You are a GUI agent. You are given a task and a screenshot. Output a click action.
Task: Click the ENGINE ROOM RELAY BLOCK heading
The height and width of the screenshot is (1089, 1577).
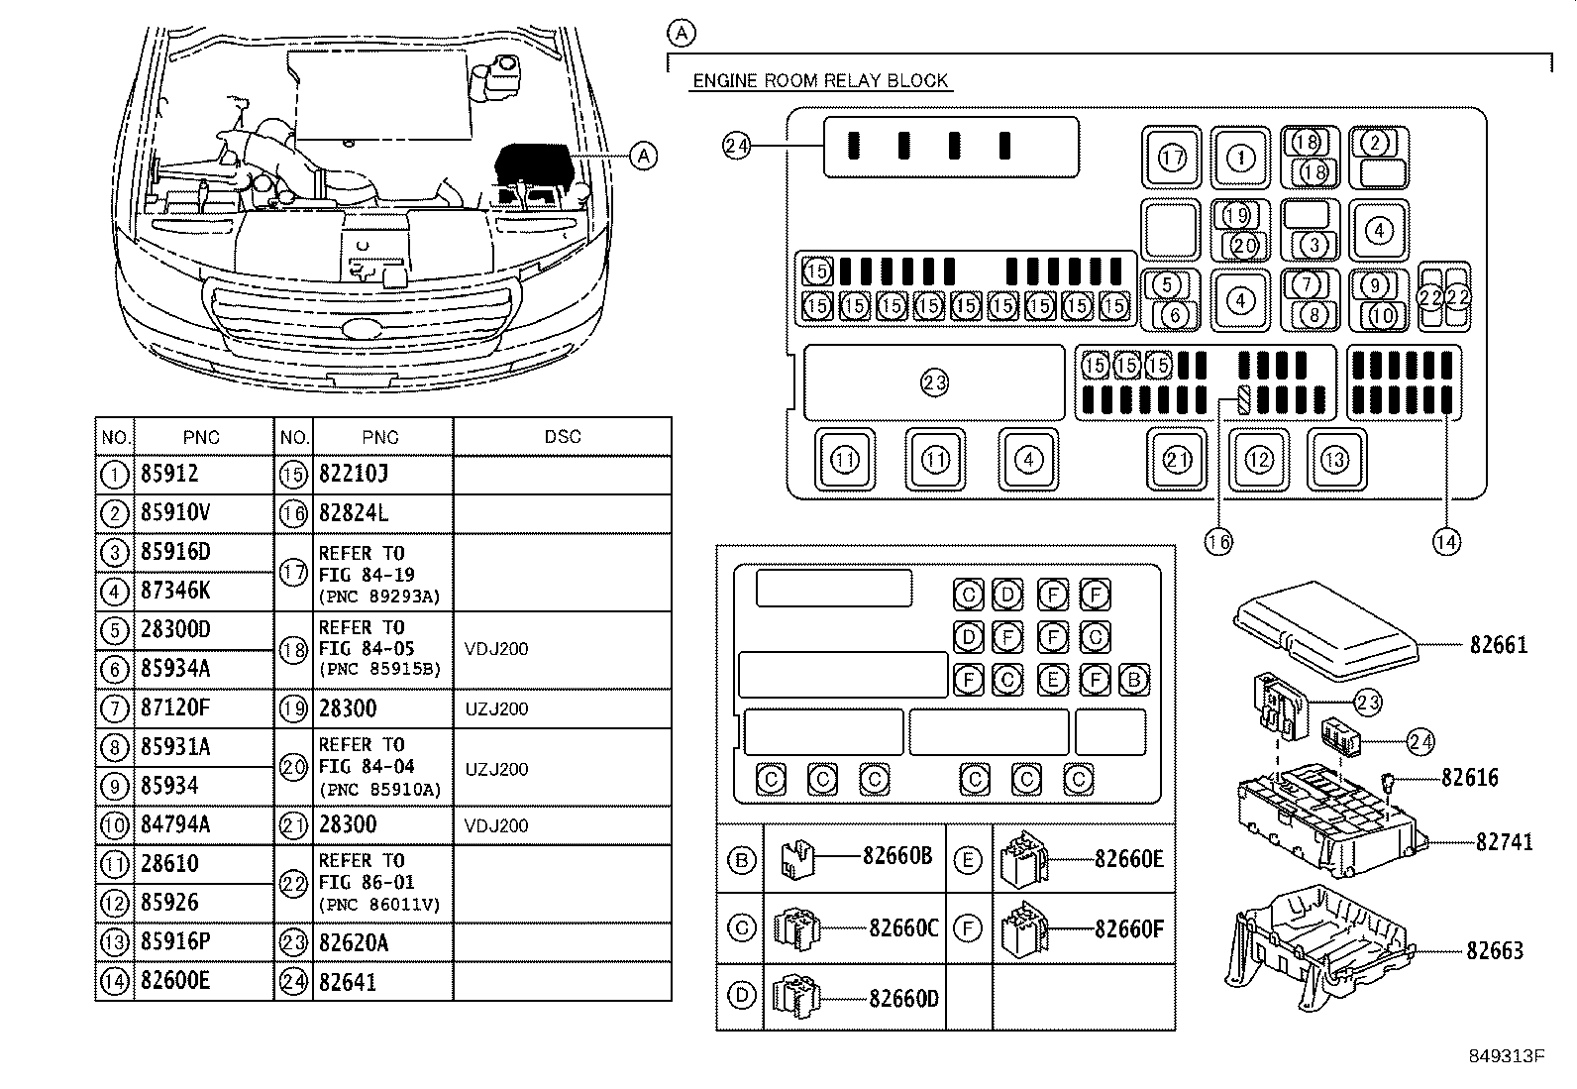[820, 80]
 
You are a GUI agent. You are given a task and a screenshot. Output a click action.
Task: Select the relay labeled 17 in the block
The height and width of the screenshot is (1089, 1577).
[1172, 158]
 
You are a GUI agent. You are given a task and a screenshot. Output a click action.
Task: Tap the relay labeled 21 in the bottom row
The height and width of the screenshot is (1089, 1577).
[1177, 459]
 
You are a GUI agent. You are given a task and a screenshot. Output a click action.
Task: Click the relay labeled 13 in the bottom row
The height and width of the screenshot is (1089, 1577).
[1335, 459]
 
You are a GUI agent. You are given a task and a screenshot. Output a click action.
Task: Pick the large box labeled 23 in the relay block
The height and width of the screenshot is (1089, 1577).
[934, 382]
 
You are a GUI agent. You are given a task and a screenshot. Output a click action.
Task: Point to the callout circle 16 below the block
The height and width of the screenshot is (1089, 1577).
[1218, 541]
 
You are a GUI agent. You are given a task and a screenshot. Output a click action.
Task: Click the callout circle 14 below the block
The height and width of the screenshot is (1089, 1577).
[1446, 541]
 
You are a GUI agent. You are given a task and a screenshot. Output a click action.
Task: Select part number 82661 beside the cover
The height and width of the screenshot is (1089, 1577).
[1497, 645]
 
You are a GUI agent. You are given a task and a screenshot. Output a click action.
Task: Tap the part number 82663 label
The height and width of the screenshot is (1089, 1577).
[1495, 951]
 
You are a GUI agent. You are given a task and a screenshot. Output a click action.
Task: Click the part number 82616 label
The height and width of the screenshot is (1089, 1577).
[1469, 779]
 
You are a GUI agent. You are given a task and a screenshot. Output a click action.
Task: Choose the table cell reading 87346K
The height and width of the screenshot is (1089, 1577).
[174, 592]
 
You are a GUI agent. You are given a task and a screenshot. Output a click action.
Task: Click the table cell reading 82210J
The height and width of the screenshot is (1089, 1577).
[354, 475]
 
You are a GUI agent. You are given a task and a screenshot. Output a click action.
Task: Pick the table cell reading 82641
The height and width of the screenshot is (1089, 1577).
[349, 982]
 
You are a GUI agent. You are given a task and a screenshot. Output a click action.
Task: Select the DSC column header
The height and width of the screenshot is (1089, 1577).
[562, 437]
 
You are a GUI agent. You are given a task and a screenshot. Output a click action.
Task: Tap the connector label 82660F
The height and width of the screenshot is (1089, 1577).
[1128, 928]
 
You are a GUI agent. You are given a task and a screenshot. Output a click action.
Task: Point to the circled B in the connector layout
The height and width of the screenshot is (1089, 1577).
[1133, 680]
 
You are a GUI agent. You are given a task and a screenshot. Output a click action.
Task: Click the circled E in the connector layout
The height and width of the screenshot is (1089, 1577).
[1052, 680]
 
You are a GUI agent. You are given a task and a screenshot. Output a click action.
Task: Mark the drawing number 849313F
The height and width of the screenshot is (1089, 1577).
[1507, 1056]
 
